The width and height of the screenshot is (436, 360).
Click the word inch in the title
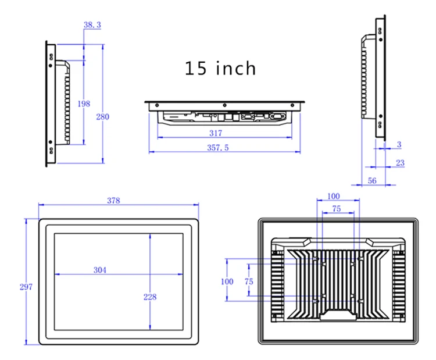coord(236,68)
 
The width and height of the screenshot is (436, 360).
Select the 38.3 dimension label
coord(92,25)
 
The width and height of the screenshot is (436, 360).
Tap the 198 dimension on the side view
coord(84,104)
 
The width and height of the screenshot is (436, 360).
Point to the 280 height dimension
coord(102,116)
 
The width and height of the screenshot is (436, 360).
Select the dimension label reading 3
coord(399,144)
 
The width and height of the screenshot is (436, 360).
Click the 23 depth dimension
coord(400,163)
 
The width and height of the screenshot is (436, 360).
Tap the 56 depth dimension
coord(372,181)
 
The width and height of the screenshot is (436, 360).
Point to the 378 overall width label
coord(113,201)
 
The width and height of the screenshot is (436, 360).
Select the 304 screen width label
coord(100,270)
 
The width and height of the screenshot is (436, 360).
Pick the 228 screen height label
coord(150,297)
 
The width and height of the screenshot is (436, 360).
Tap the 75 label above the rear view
coord(337,209)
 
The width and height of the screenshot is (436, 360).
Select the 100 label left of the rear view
coord(227,281)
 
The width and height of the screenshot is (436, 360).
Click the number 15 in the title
coord(195,68)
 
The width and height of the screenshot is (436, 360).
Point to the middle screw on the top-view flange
coord(224,105)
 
